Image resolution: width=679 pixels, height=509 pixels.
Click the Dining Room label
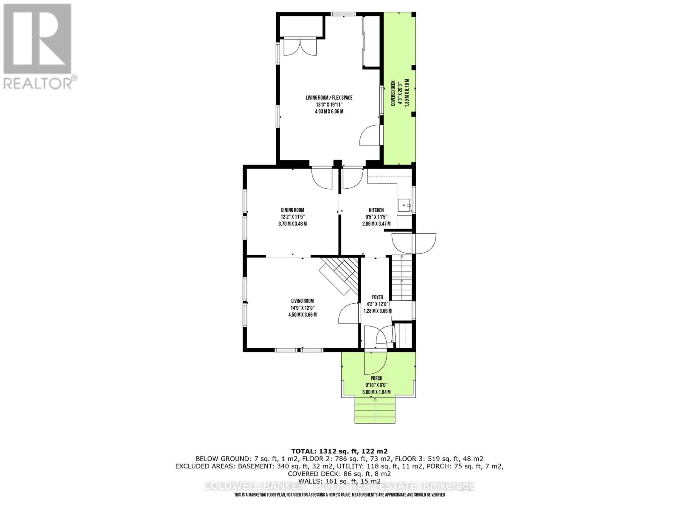tap(292, 210)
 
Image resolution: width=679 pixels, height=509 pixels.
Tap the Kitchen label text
tap(376, 210)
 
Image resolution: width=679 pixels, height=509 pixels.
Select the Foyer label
tap(377, 297)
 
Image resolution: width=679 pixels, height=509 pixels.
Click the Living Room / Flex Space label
tap(329, 98)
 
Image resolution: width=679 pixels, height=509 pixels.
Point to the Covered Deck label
tap(393, 93)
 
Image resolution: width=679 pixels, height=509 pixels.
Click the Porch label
tap(376, 378)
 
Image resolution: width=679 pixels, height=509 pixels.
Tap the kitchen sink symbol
tap(404, 205)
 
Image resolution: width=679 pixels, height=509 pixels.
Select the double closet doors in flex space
tap(300, 47)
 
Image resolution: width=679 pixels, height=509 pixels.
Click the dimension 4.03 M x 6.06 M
tap(329, 112)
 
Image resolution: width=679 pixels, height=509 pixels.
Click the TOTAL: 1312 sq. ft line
tap(339, 451)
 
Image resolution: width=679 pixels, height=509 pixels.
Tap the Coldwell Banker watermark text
tap(339, 486)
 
